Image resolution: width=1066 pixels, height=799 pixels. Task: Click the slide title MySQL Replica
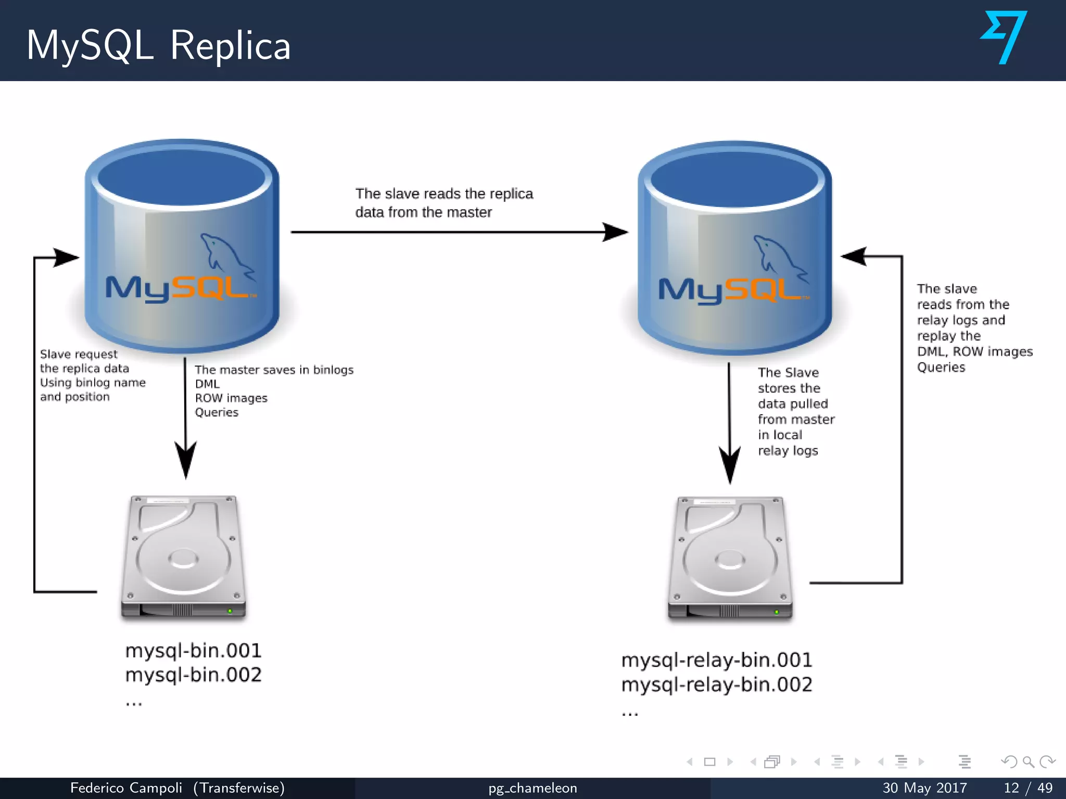158,46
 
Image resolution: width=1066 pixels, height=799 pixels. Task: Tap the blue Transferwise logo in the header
1004,37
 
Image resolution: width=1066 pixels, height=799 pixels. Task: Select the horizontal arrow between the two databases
458,232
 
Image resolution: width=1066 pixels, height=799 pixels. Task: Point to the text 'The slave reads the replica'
444,194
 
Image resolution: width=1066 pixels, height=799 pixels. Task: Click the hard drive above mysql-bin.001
183,557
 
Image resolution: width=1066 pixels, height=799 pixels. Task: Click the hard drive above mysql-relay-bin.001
730,559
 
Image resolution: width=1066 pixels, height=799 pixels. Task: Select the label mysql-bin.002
193,675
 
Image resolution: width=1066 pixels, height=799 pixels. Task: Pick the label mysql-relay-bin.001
716,660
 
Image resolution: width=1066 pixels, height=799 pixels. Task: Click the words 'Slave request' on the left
79,354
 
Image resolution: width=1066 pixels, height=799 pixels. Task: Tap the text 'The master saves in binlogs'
274,370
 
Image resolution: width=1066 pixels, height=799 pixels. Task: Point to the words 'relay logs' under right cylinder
788,450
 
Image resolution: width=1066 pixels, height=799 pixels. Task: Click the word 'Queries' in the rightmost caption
941,367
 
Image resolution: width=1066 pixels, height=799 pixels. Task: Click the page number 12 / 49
1028,788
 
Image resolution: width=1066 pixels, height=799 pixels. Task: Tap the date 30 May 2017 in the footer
924,788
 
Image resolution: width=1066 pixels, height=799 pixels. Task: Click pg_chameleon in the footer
532,788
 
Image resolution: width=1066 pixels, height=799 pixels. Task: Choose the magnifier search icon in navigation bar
1028,762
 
